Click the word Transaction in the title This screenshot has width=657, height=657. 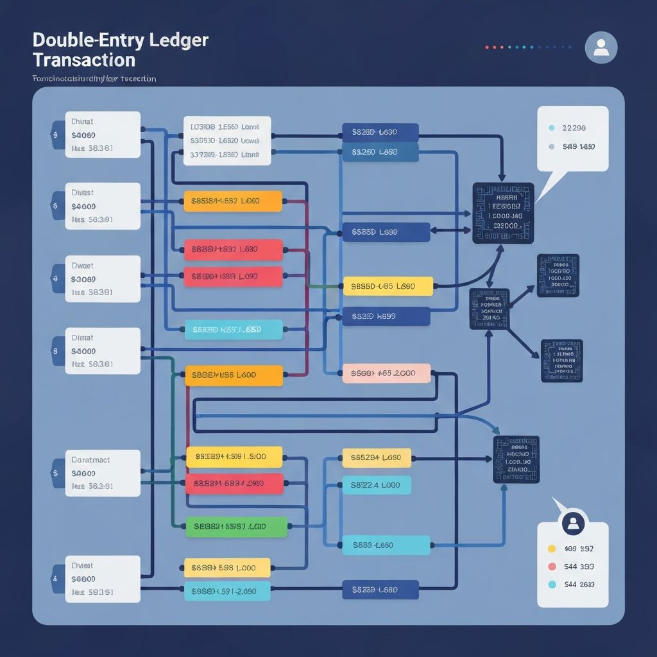83,60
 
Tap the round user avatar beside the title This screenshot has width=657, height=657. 601,47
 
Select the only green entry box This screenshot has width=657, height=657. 237,526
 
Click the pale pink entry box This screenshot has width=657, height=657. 386,373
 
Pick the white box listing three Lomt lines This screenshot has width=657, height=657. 226,141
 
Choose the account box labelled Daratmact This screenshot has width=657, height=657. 103,473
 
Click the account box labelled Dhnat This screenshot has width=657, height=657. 103,134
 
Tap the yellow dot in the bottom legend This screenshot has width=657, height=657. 551,549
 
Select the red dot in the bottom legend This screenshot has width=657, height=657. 551,567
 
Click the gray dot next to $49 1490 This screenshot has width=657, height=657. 552,146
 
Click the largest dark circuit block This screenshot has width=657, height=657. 503,213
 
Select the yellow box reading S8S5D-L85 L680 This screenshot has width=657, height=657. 388,286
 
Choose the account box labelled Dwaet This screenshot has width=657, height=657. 103,279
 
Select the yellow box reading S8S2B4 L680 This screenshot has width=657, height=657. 376,457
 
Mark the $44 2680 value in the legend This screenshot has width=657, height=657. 579,584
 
